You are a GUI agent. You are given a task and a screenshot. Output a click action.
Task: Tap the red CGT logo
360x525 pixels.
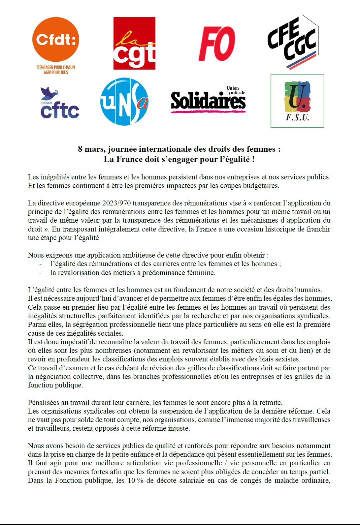[x=134, y=44]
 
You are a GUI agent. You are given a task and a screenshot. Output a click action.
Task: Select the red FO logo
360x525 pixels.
[x=217, y=44]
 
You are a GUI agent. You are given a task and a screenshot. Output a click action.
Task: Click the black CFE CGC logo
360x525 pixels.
[x=293, y=42]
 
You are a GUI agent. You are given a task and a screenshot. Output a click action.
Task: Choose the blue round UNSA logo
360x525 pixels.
[x=124, y=102]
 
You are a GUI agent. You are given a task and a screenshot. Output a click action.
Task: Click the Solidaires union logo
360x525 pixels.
[x=209, y=100]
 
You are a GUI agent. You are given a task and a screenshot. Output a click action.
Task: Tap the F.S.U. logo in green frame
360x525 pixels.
[x=297, y=101]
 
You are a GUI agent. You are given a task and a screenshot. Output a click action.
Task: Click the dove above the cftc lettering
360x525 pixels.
[x=49, y=93]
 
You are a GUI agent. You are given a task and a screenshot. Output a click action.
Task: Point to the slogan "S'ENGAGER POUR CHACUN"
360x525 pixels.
[x=56, y=67]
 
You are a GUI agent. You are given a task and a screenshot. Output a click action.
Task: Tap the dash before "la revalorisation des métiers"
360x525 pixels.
[x=40, y=273]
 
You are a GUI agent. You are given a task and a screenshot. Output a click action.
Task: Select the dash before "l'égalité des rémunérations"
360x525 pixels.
[x=40, y=264]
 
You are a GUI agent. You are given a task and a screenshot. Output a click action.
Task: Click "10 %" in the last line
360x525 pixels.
[x=135, y=480]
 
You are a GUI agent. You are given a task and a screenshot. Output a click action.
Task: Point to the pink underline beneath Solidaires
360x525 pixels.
[x=209, y=112]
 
